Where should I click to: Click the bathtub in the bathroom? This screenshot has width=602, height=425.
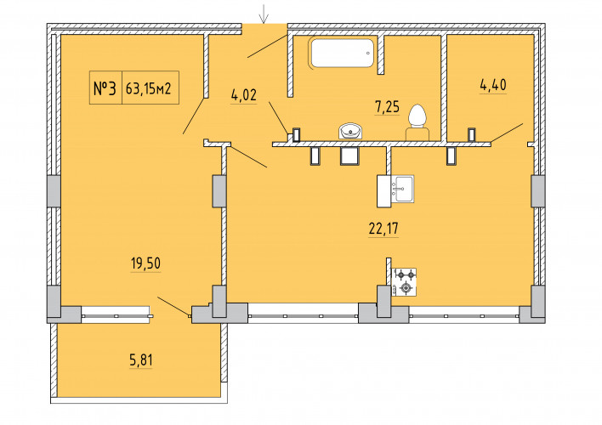click(x=342, y=53)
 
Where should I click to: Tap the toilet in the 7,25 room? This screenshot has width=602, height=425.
click(x=417, y=122)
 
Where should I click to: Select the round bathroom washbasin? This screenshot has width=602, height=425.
click(x=350, y=131)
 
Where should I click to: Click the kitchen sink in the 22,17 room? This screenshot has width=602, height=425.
click(x=402, y=189)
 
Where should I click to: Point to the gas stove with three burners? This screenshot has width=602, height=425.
click(x=404, y=282)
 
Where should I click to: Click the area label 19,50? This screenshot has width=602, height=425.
click(x=145, y=263)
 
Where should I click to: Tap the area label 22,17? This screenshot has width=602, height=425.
click(x=383, y=229)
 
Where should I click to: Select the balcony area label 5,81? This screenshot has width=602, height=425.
click(x=141, y=360)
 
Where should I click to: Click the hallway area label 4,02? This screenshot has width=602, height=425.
click(x=243, y=95)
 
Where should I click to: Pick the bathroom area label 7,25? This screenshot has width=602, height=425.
click(x=387, y=107)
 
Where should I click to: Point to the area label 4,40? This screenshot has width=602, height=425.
click(x=493, y=85)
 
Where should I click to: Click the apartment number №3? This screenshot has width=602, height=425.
click(x=105, y=88)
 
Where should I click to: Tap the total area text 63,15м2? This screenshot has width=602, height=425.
click(x=148, y=89)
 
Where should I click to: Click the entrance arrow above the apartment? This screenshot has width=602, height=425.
click(x=264, y=14)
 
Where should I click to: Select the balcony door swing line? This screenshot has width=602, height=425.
click(x=173, y=307)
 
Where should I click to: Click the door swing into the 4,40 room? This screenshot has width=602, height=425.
click(x=507, y=133)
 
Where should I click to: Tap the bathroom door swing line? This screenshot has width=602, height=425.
click(x=278, y=118)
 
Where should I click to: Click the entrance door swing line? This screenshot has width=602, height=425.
click(x=268, y=46)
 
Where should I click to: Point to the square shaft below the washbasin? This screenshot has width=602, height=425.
click(x=349, y=156)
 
